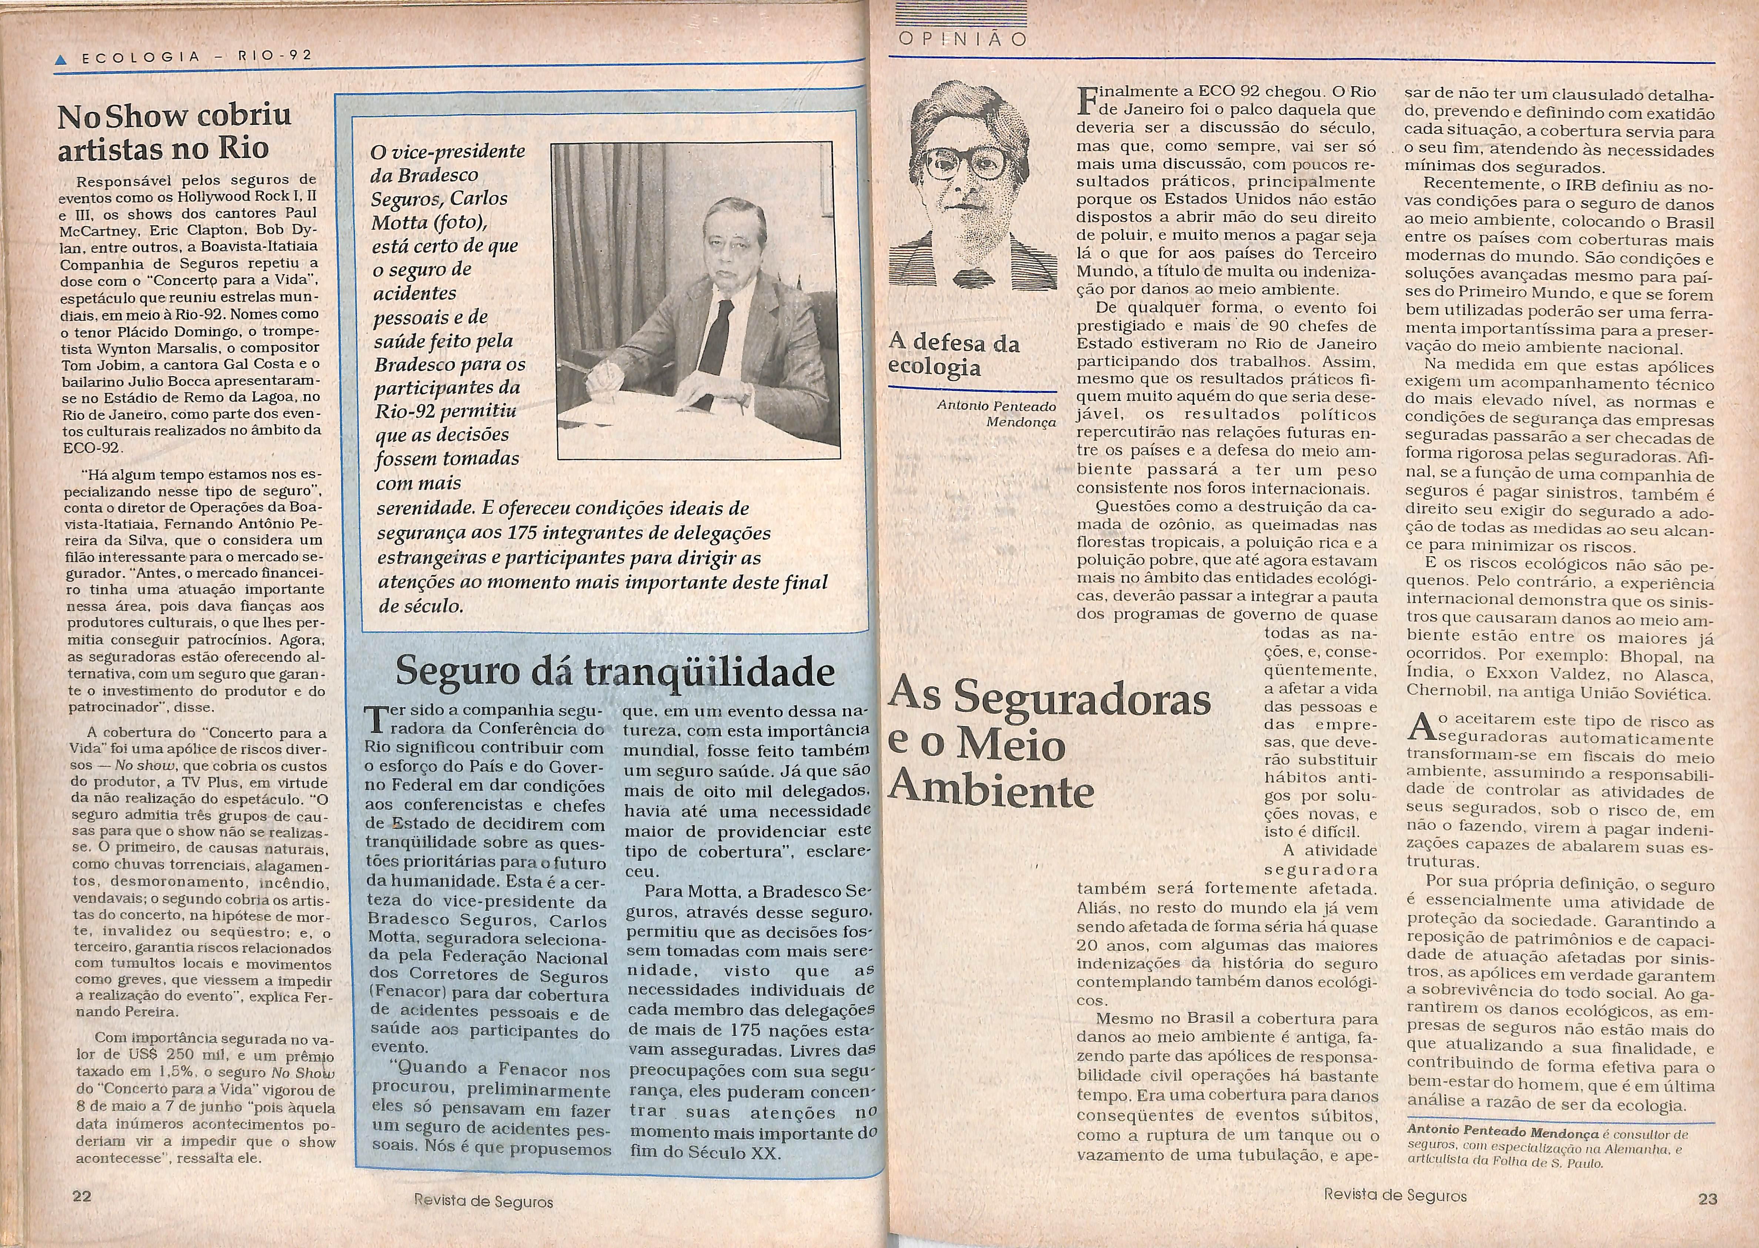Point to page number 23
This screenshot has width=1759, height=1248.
click(1708, 1198)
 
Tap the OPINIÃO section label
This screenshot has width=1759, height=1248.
click(962, 40)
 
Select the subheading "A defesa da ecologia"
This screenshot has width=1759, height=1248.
click(953, 354)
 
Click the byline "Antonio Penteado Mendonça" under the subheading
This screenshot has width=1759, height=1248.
click(997, 413)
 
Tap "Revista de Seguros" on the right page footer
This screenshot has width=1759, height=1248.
click(1395, 1195)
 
